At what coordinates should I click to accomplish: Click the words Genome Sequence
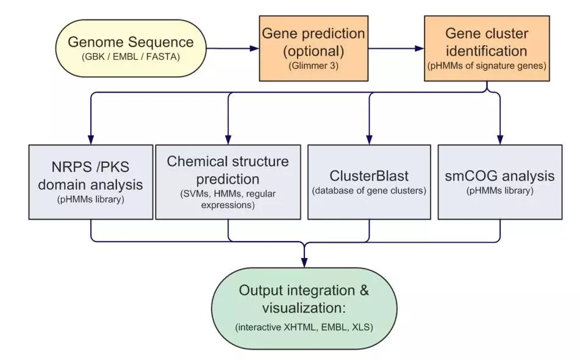(x=131, y=42)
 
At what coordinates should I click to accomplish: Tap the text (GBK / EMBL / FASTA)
(x=131, y=57)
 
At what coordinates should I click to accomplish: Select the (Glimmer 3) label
(x=313, y=66)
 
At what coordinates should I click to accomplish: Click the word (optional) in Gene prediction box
(x=313, y=51)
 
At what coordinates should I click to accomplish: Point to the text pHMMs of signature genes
(x=487, y=66)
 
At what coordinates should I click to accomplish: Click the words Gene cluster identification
(x=487, y=42)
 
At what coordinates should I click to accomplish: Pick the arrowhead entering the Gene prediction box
(x=254, y=48)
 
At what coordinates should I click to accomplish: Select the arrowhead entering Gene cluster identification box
(x=420, y=48)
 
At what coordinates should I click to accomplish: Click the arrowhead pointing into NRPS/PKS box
(x=91, y=140)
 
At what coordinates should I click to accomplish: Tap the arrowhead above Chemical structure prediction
(x=228, y=140)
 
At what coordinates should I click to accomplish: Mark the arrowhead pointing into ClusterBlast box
(x=369, y=140)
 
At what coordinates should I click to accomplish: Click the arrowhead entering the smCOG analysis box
(x=500, y=140)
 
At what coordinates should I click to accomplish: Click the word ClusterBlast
(x=369, y=176)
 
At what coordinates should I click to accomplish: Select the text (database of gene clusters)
(x=369, y=191)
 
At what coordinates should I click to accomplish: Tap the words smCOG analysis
(x=499, y=176)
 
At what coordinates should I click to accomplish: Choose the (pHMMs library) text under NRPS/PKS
(x=91, y=200)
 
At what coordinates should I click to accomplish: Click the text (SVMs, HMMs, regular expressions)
(x=228, y=200)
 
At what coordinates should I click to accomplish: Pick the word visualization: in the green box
(x=304, y=308)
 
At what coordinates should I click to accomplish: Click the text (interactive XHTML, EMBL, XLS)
(x=304, y=328)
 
